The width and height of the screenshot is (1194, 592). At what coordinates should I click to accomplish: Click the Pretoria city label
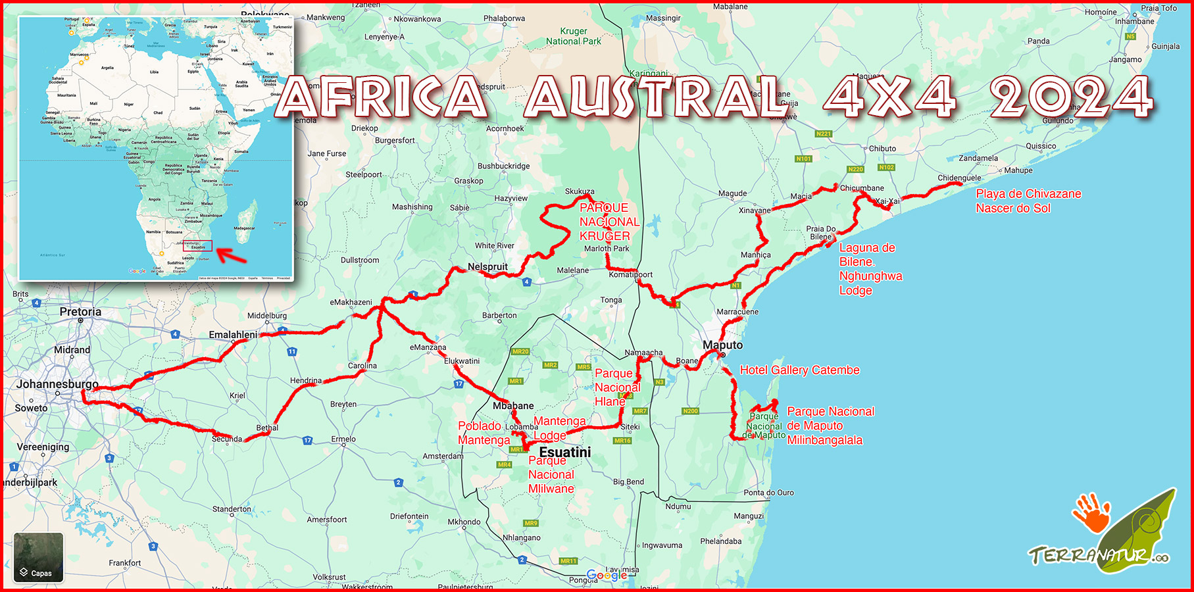click(80, 312)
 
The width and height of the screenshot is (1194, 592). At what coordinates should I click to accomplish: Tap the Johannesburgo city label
click(57, 384)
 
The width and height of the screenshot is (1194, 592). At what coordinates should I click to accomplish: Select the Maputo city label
click(722, 345)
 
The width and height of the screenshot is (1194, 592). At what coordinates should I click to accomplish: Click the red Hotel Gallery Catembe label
click(799, 370)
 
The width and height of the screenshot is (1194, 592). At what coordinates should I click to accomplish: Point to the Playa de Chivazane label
click(1028, 194)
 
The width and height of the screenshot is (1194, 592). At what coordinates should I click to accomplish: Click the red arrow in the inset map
click(231, 255)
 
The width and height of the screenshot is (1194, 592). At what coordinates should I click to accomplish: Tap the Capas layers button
click(38, 558)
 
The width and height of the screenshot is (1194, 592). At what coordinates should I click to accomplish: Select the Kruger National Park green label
click(574, 36)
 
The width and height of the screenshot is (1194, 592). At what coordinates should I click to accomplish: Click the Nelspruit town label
click(487, 267)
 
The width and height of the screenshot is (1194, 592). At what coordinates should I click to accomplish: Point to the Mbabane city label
click(513, 406)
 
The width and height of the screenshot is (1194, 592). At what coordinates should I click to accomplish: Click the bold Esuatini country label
click(565, 453)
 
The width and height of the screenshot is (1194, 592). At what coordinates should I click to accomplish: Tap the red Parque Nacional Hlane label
click(617, 387)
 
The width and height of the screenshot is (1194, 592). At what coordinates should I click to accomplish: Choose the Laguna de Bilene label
click(867, 255)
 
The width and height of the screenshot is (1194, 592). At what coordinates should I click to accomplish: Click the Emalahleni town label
click(233, 335)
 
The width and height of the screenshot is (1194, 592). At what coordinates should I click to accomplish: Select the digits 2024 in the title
click(1071, 97)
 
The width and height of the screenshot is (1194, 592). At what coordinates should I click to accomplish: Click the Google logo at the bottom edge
click(607, 576)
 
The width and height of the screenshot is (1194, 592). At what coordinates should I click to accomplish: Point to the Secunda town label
click(227, 439)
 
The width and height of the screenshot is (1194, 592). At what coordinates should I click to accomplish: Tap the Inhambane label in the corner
click(1134, 22)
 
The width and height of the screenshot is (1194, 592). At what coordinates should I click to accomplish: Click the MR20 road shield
click(520, 352)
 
